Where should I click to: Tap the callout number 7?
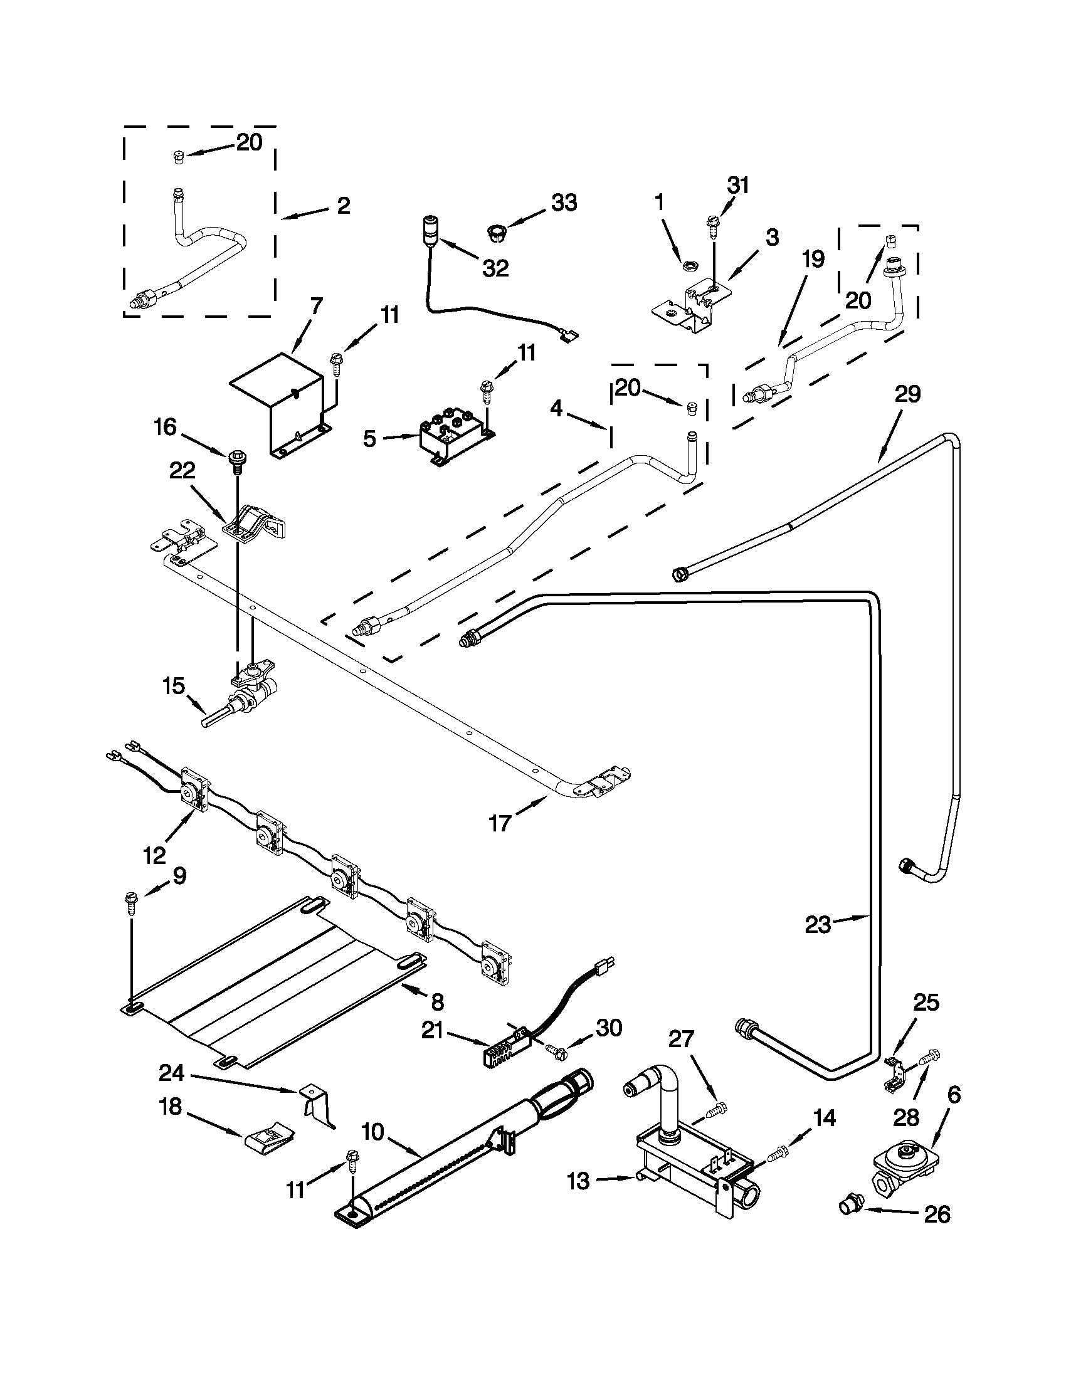pyautogui.click(x=316, y=306)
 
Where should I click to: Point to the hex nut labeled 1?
pyautogui.click(x=687, y=266)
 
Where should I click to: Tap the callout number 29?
pyautogui.click(x=907, y=394)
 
